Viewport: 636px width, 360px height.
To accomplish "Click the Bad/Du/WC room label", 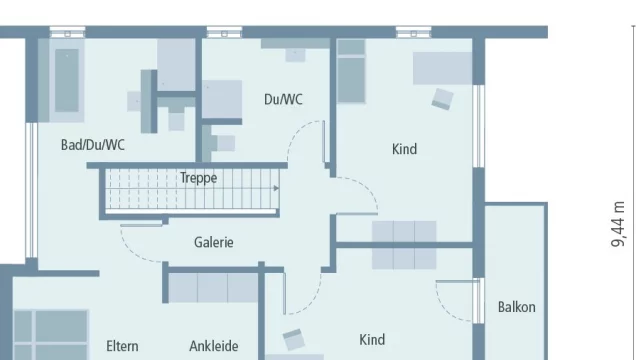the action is point(93,145).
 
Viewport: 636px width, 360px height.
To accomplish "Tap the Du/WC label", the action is point(283,99).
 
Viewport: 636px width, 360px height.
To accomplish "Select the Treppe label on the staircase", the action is point(198,178).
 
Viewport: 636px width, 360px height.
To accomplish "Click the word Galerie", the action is point(214,242).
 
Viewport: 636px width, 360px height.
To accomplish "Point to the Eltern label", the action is point(122,346).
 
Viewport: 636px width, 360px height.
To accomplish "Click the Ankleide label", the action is point(214,346).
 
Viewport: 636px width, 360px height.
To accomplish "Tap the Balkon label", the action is point(516,307).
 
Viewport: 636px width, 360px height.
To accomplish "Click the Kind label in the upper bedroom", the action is point(404,149).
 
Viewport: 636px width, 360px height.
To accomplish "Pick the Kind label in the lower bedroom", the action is point(372,340).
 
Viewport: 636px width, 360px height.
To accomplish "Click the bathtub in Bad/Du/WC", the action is point(67,80).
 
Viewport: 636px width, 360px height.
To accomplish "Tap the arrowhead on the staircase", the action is point(276,188).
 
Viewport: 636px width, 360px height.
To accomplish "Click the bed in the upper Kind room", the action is point(351,71).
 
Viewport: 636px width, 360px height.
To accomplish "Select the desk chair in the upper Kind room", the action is point(442,99).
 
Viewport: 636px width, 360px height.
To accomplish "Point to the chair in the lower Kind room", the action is point(293,339).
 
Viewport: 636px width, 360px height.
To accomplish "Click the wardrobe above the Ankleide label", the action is point(213,288).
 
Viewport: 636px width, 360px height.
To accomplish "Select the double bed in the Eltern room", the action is point(51,335).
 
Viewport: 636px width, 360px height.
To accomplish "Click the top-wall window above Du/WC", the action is point(224,32).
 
